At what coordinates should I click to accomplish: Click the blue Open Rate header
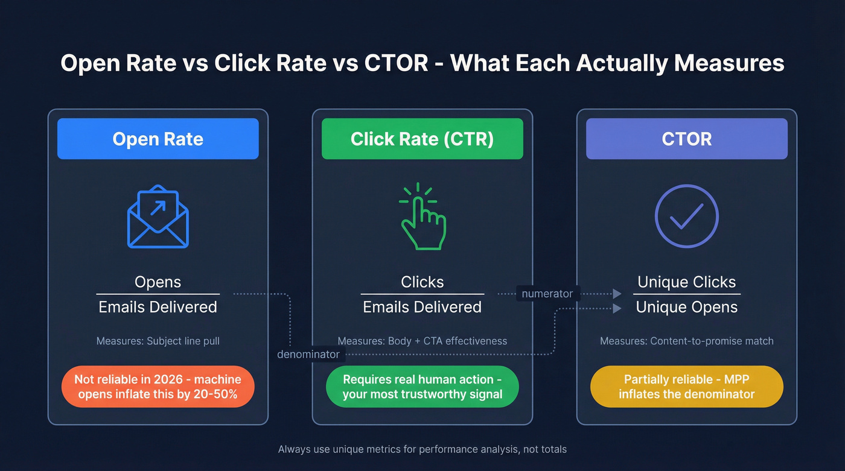point(158,139)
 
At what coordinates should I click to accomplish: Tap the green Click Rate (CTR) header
point(422,139)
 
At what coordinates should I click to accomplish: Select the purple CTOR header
point(686,139)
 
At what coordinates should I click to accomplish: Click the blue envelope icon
point(158,217)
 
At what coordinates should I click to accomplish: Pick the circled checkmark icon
point(686,217)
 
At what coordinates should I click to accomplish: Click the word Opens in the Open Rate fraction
point(158,282)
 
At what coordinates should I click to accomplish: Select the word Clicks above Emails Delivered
point(422,282)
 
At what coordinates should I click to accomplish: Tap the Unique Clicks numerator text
point(686,282)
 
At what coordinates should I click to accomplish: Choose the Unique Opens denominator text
point(686,307)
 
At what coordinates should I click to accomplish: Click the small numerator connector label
point(547,294)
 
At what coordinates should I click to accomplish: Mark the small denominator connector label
point(308,355)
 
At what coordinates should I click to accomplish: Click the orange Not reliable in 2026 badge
point(158,387)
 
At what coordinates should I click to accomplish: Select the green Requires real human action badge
point(422,387)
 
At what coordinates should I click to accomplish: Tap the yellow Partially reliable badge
point(686,387)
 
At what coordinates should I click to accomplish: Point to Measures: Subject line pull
point(158,341)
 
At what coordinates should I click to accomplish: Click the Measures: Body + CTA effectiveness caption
point(422,341)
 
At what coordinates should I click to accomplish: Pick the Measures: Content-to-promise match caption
point(686,341)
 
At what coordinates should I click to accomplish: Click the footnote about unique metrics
point(422,449)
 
